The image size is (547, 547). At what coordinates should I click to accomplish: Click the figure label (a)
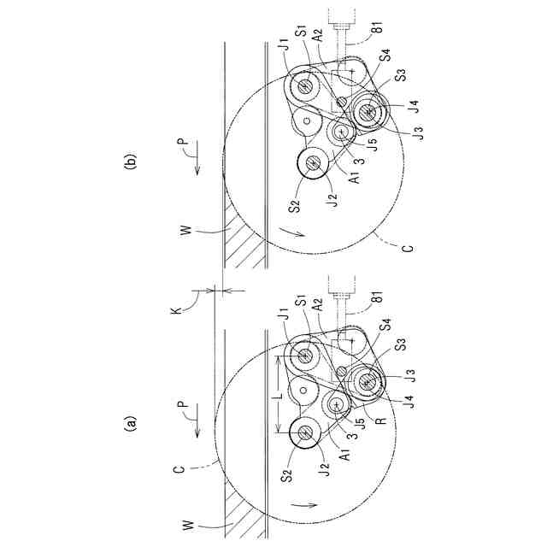coord(131,421)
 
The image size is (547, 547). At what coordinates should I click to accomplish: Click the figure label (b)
coord(131,162)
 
